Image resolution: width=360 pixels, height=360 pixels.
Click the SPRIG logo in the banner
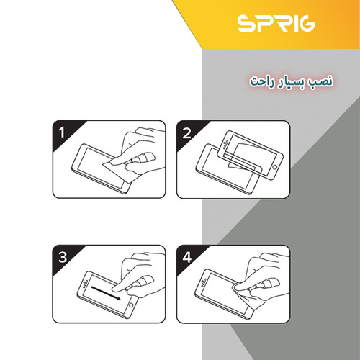[x=276, y=24]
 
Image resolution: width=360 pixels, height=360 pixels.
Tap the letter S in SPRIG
[x=246, y=24]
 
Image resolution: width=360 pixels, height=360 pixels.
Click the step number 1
[x=62, y=132]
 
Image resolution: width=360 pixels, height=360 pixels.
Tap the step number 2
[x=186, y=133]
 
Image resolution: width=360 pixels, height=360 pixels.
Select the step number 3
[x=63, y=257]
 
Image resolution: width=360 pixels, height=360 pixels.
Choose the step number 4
[x=186, y=257]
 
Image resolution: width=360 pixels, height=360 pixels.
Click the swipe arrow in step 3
[x=106, y=293]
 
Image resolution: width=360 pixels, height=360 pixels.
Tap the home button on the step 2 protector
[x=275, y=167]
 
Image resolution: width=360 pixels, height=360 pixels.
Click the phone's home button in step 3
[x=131, y=305]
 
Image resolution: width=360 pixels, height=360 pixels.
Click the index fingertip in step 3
[x=115, y=288]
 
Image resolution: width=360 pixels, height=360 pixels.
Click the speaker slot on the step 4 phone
[x=204, y=283]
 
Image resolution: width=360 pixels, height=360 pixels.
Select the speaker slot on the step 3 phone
[x=85, y=284]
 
